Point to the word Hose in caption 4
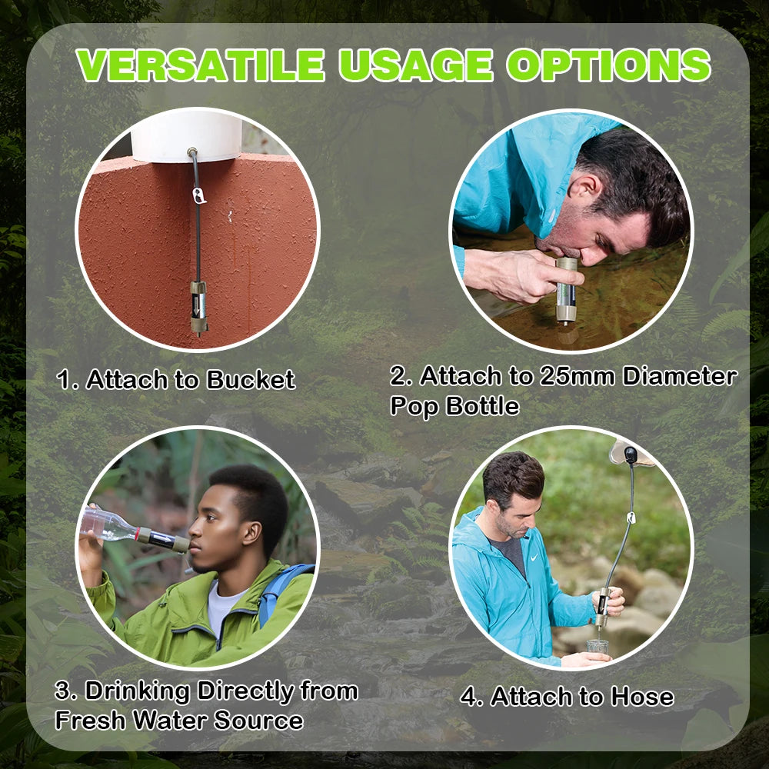click(641, 697)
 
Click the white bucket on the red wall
click(186, 138)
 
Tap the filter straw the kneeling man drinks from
click(566, 291)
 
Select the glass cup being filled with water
click(596, 648)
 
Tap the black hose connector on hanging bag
click(631, 456)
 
